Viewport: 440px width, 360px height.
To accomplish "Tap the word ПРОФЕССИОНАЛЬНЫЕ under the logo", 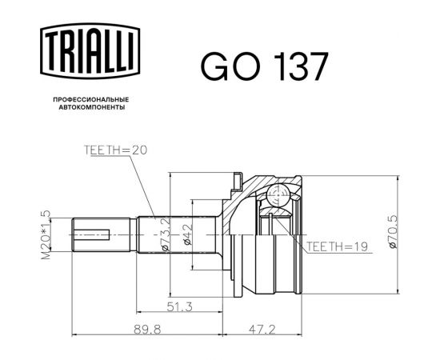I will point(89,99).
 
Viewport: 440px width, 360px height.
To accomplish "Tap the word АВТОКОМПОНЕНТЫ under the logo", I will point(89,107).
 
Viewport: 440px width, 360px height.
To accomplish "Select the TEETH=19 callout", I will point(335,248).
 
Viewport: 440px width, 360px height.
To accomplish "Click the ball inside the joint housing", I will point(277,196).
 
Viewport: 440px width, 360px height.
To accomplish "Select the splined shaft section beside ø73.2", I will point(152,234).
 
